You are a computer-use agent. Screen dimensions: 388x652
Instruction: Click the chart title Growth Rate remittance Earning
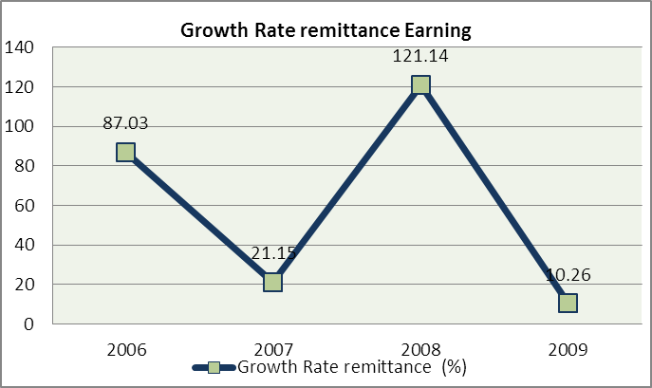point(326,31)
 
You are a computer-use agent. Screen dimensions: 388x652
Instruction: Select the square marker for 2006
point(125,152)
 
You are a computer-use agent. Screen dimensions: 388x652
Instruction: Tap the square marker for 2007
point(272,282)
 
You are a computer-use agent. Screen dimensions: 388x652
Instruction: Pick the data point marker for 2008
point(420,84)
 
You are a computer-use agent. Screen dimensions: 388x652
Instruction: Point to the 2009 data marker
point(568,303)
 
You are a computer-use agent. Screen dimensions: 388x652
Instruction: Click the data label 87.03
point(126,123)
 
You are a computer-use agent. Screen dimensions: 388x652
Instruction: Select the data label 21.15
point(273,253)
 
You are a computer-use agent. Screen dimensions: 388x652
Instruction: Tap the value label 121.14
point(420,56)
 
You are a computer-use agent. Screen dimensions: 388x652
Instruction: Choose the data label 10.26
point(568,275)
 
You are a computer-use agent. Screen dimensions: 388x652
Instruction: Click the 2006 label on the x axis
point(125,349)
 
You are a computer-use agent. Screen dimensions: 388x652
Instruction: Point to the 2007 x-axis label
point(272,349)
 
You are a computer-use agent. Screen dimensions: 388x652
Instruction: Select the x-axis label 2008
point(420,349)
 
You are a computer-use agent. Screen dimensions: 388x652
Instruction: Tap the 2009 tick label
point(568,349)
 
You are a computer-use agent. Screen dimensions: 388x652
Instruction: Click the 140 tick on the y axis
point(20,47)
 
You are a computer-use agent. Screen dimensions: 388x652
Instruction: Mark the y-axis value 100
point(20,126)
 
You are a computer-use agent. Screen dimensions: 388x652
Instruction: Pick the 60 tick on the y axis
point(25,206)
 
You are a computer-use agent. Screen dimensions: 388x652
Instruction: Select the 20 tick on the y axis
point(25,285)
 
